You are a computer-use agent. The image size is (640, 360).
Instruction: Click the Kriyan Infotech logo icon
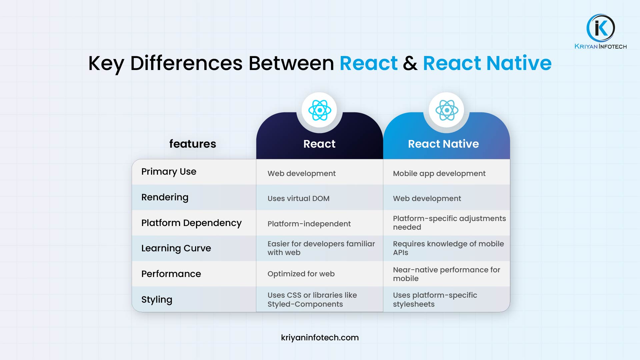click(601, 28)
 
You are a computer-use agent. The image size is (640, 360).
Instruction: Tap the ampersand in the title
click(410, 63)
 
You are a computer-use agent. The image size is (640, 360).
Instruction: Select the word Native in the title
click(519, 63)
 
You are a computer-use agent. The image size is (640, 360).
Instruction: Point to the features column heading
click(193, 144)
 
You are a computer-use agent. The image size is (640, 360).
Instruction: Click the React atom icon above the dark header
click(320, 110)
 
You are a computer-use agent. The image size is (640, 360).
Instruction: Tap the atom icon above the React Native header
click(447, 110)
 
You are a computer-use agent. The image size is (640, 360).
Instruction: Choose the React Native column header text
click(443, 144)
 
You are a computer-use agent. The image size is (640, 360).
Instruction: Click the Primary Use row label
click(169, 172)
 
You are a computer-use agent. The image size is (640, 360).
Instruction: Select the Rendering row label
click(165, 197)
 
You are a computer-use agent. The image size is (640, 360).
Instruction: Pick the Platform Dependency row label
click(191, 223)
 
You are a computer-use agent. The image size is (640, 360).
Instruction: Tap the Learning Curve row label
click(176, 248)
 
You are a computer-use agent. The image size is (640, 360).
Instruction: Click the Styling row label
click(157, 300)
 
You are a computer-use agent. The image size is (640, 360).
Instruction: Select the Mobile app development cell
click(439, 174)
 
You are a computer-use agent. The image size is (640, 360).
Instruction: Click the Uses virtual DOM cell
click(298, 199)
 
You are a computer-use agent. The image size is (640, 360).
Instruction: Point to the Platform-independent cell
click(309, 224)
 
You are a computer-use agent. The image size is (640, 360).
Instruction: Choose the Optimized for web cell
click(301, 274)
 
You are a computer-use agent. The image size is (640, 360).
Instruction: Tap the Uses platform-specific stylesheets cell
click(435, 300)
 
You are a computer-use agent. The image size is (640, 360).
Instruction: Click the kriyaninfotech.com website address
click(320, 338)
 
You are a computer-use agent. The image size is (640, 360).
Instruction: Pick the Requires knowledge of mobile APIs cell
click(448, 248)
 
